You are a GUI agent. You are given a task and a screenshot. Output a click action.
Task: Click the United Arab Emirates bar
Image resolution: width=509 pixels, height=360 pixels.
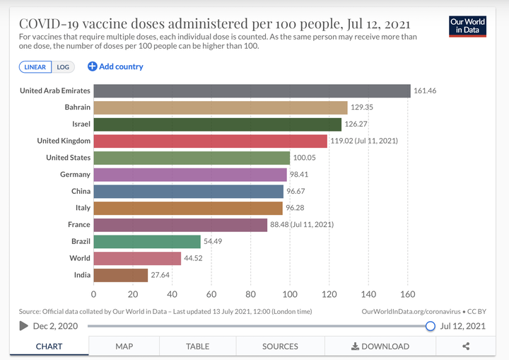[252, 91]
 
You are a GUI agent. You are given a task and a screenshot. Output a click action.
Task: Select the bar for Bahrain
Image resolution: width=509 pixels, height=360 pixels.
[221, 108]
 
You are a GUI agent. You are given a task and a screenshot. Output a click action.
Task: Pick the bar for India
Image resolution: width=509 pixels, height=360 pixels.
[120, 275]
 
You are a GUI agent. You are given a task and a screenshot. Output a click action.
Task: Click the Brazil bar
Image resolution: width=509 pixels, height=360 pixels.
[147, 241]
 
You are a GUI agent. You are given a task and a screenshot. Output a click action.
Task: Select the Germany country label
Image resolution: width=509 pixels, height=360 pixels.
[75, 174]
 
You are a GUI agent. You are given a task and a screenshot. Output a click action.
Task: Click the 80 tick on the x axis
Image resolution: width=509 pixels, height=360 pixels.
[250, 294]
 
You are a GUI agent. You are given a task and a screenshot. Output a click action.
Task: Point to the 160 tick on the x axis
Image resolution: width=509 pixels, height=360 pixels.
[407, 294]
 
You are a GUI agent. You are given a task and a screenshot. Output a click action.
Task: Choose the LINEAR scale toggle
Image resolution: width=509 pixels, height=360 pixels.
[35, 67]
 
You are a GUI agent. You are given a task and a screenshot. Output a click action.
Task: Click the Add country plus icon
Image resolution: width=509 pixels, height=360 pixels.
[92, 66]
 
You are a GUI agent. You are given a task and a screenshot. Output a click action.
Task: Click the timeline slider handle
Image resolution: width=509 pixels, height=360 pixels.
[430, 326]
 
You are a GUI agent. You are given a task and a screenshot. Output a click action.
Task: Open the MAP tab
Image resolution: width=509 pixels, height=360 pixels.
[124, 347]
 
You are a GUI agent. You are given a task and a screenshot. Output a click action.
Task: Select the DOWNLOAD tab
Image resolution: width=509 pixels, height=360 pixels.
[380, 347]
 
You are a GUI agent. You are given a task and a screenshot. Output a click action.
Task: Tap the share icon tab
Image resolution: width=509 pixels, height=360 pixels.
[466, 347]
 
